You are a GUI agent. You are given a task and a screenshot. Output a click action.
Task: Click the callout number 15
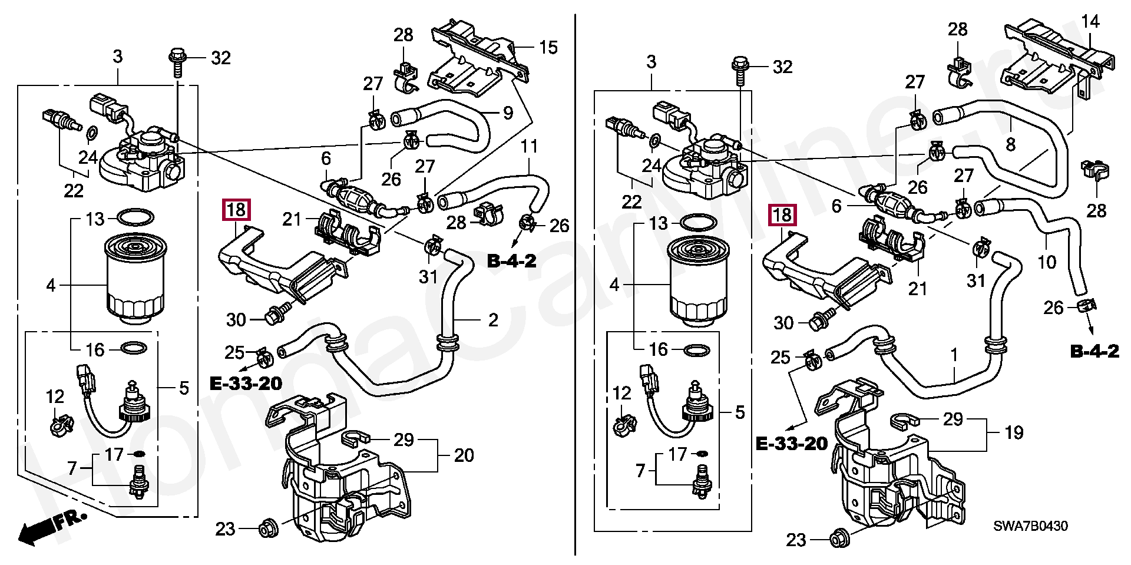[548, 47]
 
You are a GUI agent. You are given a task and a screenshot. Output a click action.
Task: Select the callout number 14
[1090, 22]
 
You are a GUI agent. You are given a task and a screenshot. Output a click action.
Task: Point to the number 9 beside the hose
[508, 113]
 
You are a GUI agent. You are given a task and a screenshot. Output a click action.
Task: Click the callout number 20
[464, 455]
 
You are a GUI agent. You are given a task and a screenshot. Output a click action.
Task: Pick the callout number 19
[1014, 433]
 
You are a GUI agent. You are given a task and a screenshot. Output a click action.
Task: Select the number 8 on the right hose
[1011, 143]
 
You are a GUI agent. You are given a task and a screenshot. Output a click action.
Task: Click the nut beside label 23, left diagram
[268, 528]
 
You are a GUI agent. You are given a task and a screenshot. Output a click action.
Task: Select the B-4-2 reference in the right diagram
[1094, 352]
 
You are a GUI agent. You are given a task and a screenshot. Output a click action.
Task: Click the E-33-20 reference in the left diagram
[246, 384]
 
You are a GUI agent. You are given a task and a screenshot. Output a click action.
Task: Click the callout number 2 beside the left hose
[493, 320]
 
